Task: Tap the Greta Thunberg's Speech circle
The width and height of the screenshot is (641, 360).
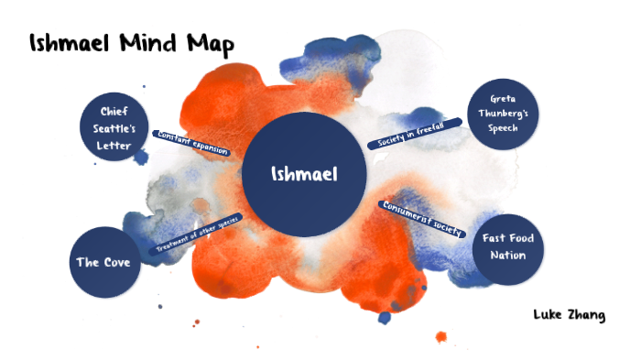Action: [503, 113]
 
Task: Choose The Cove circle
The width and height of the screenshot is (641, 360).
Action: [103, 262]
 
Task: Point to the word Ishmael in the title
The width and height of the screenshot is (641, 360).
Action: [70, 43]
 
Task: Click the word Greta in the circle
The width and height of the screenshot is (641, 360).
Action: [503, 97]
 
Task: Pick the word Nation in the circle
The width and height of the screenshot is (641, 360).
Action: [507, 255]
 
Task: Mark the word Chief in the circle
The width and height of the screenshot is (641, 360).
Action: [120, 112]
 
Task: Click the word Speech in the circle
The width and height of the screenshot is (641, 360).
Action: [503, 128]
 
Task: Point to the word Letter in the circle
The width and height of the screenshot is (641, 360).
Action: [120, 146]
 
